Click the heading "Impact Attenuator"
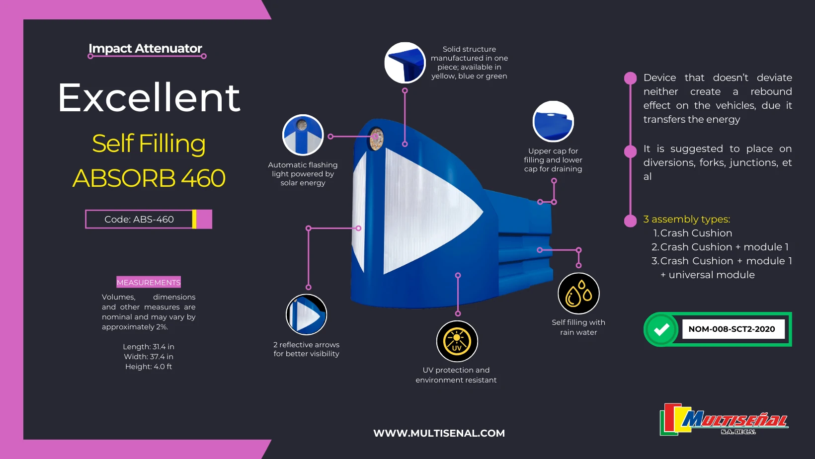click(x=145, y=48)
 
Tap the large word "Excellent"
click(x=149, y=97)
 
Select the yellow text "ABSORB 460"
click(x=149, y=178)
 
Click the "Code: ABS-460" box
click(x=149, y=219)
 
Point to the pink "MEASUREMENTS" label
click(x=149, y=282)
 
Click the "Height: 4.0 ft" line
click(x=149, y=367)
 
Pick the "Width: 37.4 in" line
click(x=149, y=357)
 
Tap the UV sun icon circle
click(x=457, y=341)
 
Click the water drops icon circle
click(x=578, y=294)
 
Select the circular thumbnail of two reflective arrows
click(x=306, y=314)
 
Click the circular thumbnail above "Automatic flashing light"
click(x=303, y=135)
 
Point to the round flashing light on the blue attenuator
click(x=376, y=139)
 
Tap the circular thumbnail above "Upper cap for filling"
click(x=553, y=122)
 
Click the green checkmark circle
click(x=661, y=329)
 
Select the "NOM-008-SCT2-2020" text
click(x=732, y=329)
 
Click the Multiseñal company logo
click(x=724, y=419)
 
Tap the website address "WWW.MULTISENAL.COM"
click(x=439, y=433)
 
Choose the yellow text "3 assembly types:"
click(x=687, y=219)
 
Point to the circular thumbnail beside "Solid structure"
click(x=405, y=63)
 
